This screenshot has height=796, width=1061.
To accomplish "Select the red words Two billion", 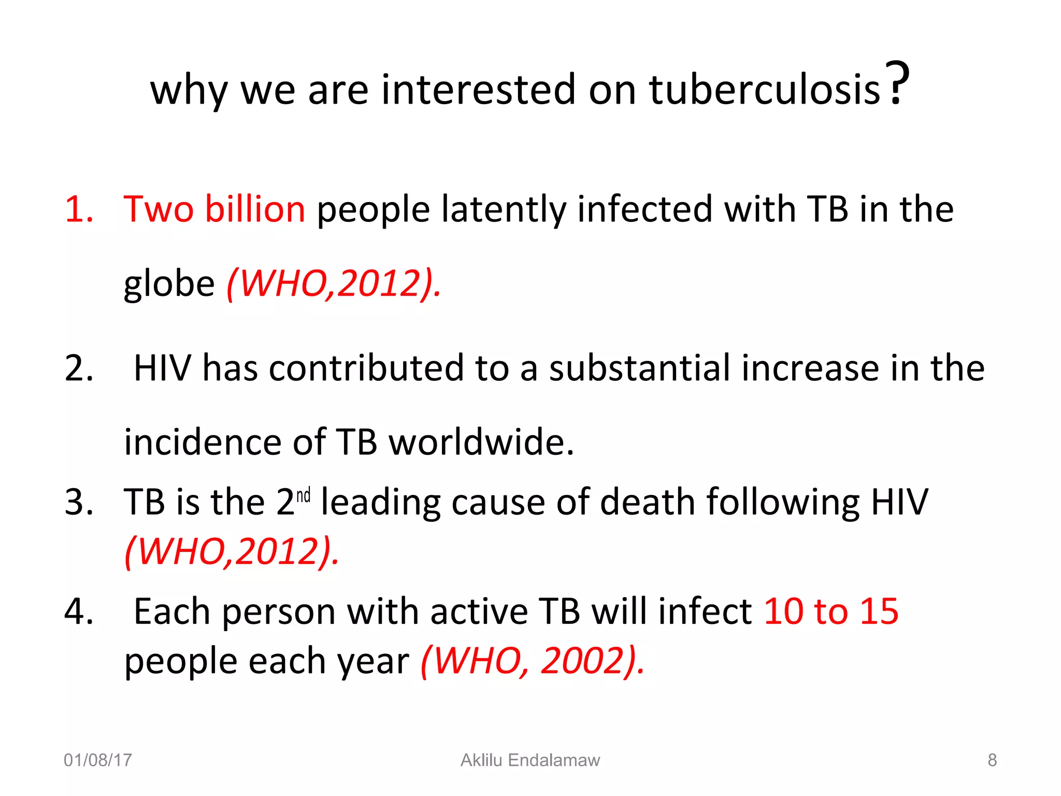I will pos(214,209).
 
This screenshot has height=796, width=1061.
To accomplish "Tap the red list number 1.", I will pos(79,210).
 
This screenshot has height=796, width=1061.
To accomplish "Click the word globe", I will pos(169,284).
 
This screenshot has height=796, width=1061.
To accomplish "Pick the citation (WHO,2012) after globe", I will pos(334,284).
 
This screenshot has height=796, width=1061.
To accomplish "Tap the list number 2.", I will pos(79,368).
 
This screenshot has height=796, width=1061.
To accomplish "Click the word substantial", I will pos(639,368).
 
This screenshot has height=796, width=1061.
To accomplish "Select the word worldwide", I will pos(481,443).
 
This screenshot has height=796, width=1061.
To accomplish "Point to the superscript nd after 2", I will pos(304,495).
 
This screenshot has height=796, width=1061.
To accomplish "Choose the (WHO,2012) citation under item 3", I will pos(232,551).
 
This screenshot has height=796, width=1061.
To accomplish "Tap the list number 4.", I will pos(79,612).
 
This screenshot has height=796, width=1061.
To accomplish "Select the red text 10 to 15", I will pos(831,612).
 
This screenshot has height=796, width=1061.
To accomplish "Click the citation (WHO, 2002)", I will pos(533,661).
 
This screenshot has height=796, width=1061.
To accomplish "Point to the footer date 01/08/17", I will pos(98,760).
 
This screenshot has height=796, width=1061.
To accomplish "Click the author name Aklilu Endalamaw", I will pos(530,760).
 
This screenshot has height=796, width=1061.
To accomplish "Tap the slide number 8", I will pos(992,760).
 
